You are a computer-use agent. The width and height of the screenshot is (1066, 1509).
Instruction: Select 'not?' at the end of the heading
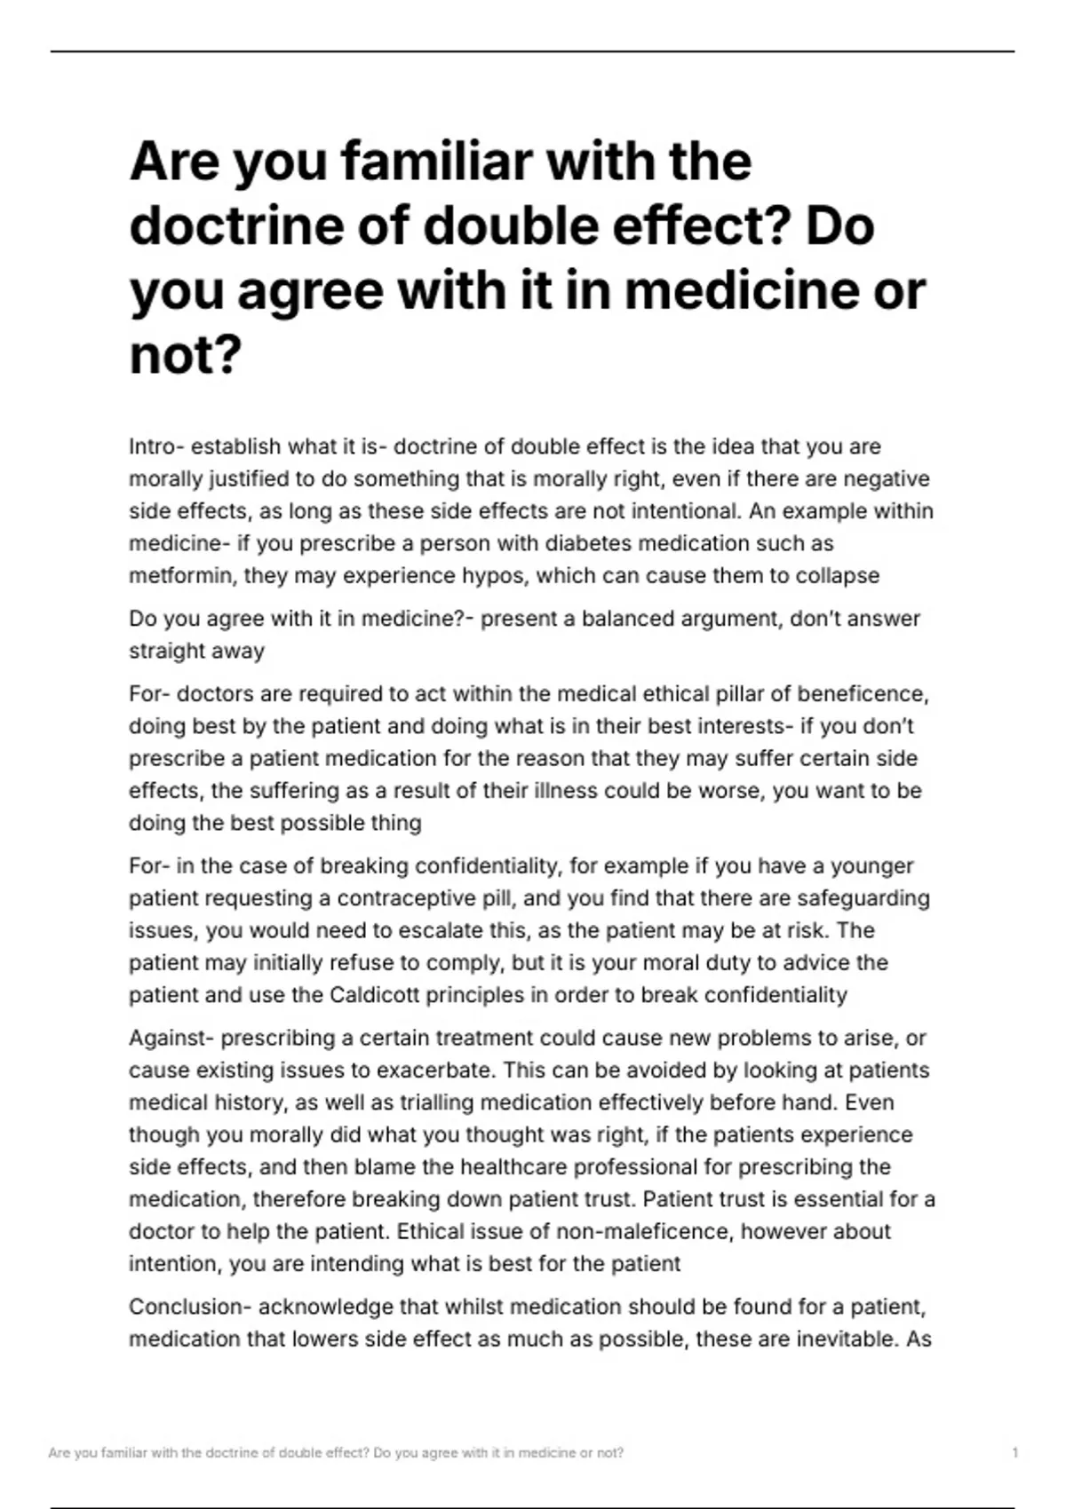(x=186, y=355)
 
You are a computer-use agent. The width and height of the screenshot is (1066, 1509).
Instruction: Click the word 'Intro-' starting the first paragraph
(x=156, y=446)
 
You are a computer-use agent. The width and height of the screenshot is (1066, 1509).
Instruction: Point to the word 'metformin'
(x=182, y=576)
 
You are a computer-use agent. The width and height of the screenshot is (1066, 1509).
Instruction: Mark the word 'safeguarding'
(x=863, y=898)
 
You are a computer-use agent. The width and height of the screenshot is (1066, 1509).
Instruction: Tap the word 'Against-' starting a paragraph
(x=171, y=1038)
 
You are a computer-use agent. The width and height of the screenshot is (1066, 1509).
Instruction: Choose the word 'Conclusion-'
(x=190, y=1308)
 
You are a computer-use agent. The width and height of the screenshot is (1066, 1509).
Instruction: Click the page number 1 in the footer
(x=1014, y=1453)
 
